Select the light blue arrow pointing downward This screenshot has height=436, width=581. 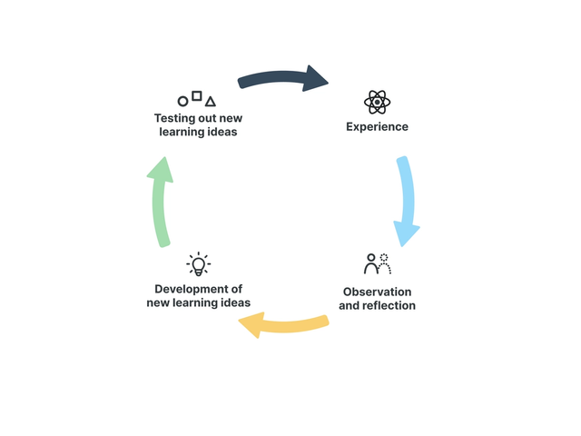(x=405, y=195)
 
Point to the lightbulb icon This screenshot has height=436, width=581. (x=198, y=264)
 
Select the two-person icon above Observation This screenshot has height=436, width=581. (x=377, y=264)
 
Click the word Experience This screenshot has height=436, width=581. (x=377, y=126)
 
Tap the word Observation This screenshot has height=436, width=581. (x=377, y=292)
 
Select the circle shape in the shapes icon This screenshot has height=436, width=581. (x=182, y=102)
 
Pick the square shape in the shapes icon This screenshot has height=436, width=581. (x=197, y=95)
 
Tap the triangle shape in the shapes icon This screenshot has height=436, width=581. (x=211, y=102)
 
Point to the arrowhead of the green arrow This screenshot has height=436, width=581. (x=160, y=171)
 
